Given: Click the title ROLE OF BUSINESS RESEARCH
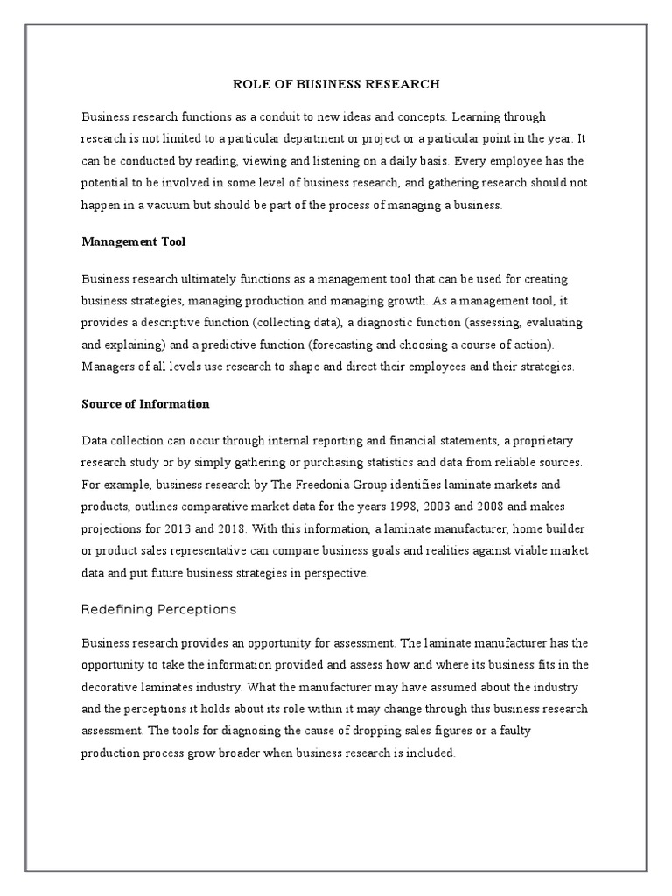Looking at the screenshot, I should pos(335,84).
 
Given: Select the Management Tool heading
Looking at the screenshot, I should pos(134,241).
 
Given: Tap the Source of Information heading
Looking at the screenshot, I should pos(145,404).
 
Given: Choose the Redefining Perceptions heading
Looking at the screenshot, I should pos(158,609).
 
